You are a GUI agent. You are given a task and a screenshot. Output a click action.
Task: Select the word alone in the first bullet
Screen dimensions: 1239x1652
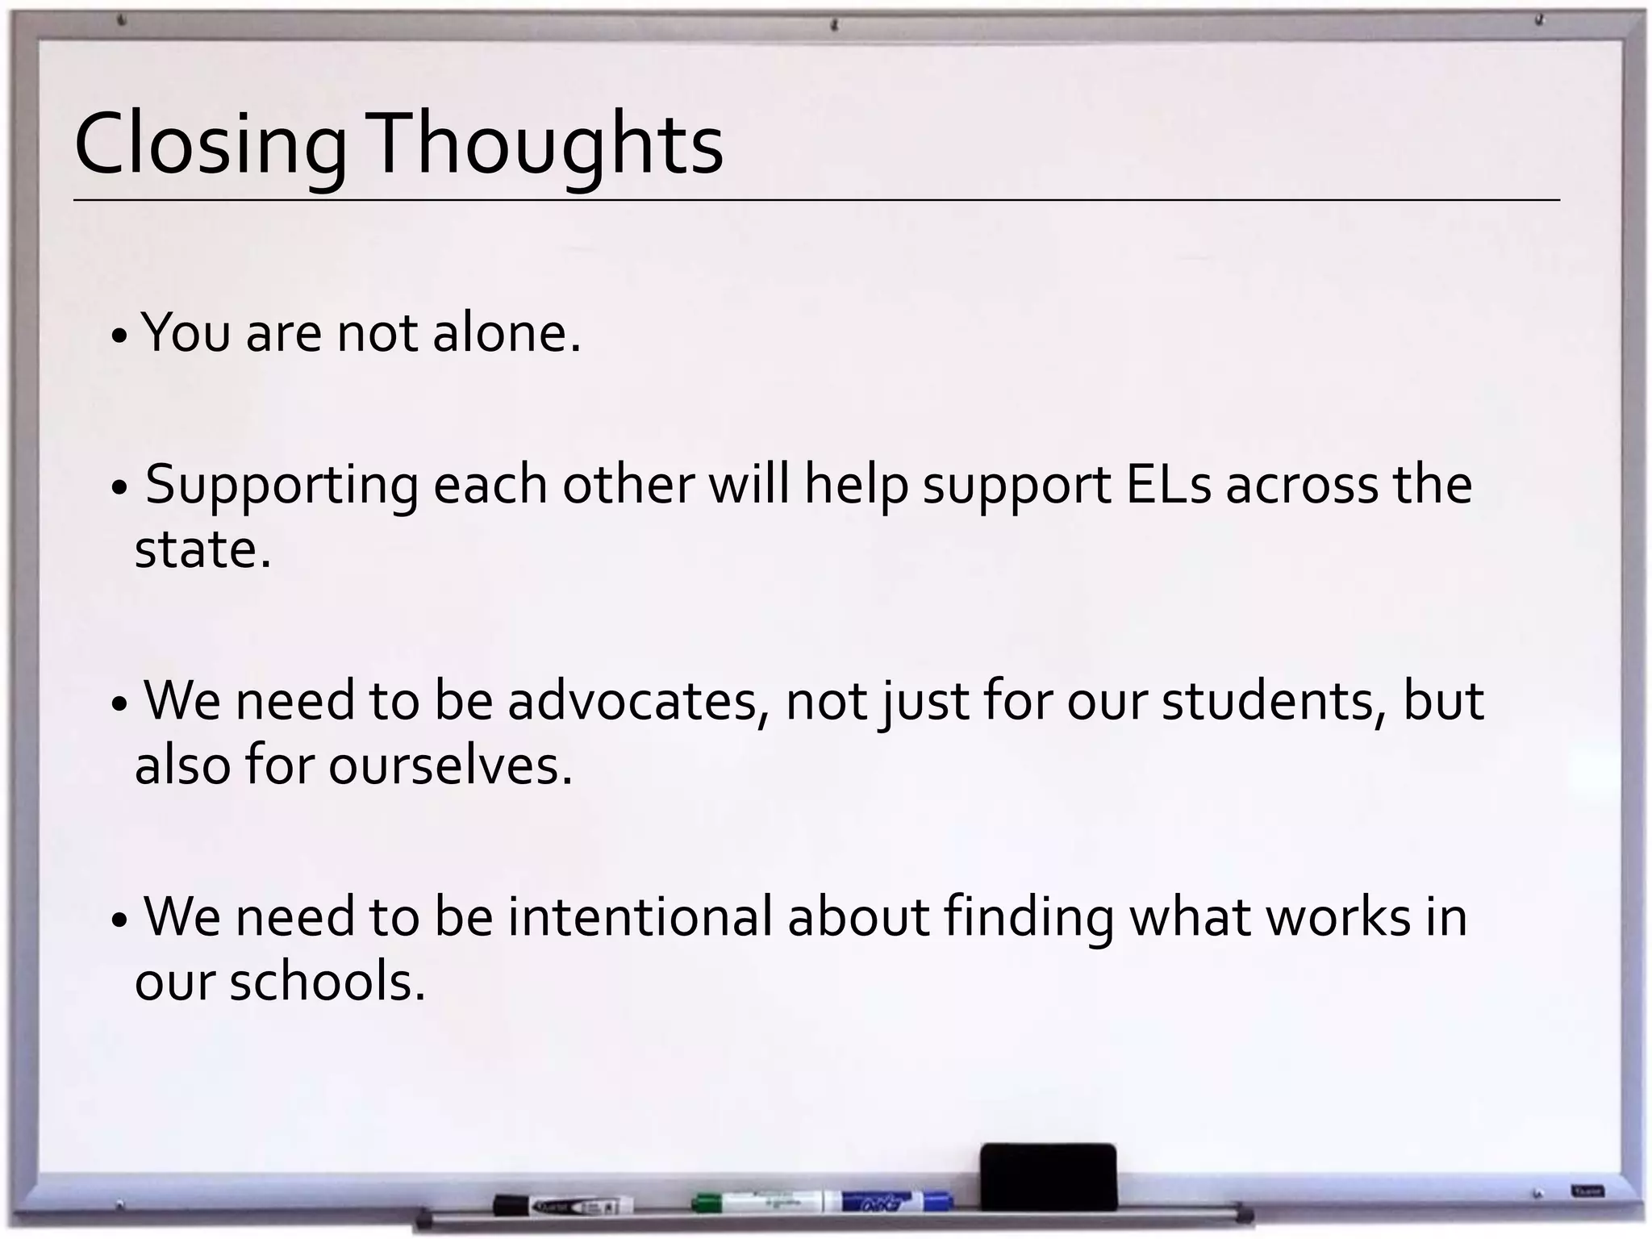click(506, 332)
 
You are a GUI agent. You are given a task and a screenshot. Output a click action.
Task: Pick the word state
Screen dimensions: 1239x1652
click(202, 550)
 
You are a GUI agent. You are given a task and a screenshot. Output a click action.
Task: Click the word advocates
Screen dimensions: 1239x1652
click(638, 701)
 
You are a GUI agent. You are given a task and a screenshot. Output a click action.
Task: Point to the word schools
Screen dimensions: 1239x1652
click(327, 982)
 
